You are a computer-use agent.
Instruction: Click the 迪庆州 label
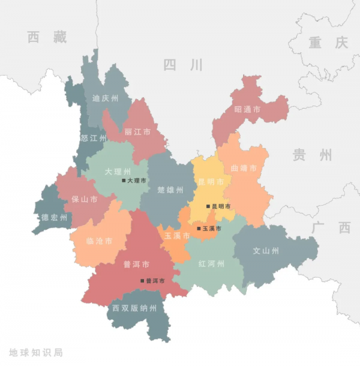point(105,98)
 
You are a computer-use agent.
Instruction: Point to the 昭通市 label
point(247,110)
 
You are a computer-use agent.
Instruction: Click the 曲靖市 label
point(244,168)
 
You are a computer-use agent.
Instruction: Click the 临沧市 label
point(100,241)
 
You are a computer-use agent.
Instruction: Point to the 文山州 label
point(265,251)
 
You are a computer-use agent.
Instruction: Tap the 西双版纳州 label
point(134,308)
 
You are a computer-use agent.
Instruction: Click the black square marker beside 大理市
point(124,180)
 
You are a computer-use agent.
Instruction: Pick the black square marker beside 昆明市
point(208,206)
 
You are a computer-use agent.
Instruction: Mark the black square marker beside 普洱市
point(142,280)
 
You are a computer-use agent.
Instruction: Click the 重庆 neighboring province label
point(328,43)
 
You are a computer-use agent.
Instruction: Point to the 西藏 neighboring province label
point(47,37)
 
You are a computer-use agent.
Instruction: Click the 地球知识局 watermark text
point(36,353)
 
